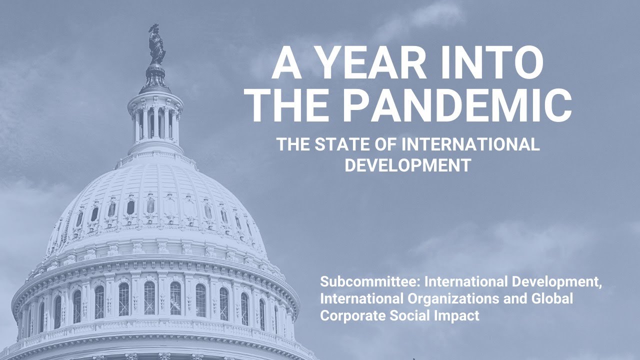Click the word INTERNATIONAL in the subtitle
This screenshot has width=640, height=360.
click(x=471, y=145)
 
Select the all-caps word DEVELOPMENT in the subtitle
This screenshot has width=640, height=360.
click(x=408, y=165)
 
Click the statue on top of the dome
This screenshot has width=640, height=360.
click(x=156, y=45)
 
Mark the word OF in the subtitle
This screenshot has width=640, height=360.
click(x=389, y=145)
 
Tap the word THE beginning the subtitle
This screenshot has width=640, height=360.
click(x=294, y=145)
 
